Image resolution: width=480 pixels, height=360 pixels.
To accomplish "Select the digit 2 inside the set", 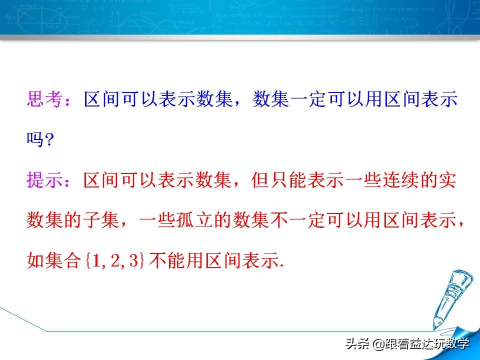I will click(x=113, y=261).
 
